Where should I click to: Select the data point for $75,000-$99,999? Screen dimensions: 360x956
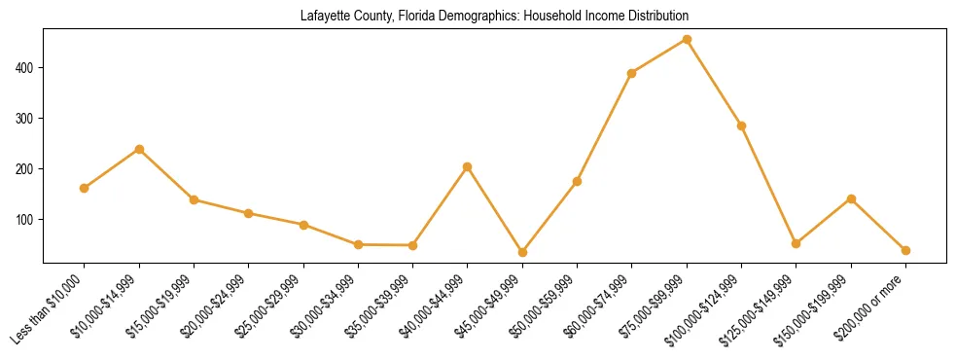pyautogui.click(x=687, y=40)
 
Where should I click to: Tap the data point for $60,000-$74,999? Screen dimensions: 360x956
pyautogui.click(x=632, y=73)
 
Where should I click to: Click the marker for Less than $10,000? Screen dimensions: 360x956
pyautogui.click(x=85, y=188)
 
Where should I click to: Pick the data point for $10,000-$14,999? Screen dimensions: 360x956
pyautogui.click(x=139, y=149)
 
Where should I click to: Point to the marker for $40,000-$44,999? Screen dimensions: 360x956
pyautogui.click(x=468, y=166)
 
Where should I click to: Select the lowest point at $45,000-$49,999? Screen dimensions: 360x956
pyautogui.click(x=522, y=252)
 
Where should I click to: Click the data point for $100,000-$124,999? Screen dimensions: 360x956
pyautogui.click(x=742, y=126)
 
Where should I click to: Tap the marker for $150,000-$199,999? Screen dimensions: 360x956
pyautogui.click(x=851, y=198)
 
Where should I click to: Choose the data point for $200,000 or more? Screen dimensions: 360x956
pyautogui.click(x=905, y=250)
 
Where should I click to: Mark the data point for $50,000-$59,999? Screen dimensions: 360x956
pyautogui.click(x=578, y=181)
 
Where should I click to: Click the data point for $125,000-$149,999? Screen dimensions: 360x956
pyautogui.click(x=797, y=243)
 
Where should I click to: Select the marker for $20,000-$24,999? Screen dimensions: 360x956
pyautogui.click(x=249, y=213)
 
